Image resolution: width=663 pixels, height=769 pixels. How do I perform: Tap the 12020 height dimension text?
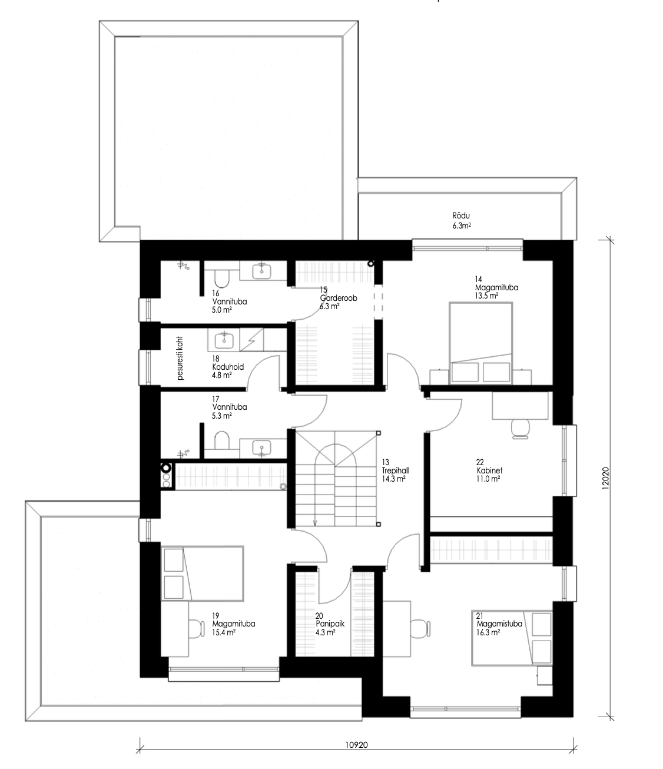click(x=605, y=478)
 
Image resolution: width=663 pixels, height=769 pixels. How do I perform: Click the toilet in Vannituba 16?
click(x=222, y=279)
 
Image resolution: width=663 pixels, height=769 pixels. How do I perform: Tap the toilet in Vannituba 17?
click(x=222, y=440)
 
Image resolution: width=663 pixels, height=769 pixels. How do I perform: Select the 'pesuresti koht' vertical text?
click(x=180, y=358)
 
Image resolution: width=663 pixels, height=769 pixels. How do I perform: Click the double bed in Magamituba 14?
click(x=480, y=343)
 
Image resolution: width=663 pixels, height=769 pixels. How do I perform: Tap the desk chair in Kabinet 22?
click(x=520, y=429)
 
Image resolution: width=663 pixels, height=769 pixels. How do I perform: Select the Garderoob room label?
click(x=338, y=298)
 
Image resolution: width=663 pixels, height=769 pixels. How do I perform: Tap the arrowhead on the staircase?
click(x=315, y=523)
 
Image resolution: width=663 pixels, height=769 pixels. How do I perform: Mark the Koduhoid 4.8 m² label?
click(x=228, y=367)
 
